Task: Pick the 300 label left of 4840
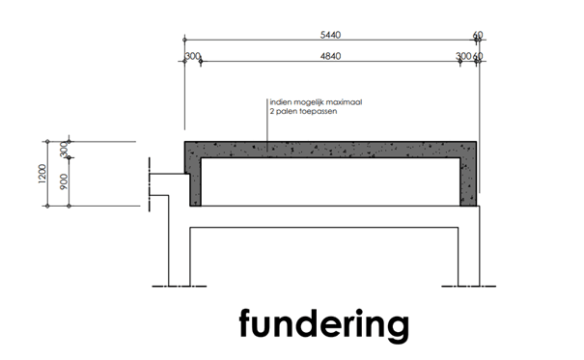coord(193,57)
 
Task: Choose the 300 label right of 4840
coord(463,57)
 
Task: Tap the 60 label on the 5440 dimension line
coord(479,36)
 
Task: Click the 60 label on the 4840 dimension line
coord(479,57)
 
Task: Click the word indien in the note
coord(282,100)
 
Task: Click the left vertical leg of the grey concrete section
coord(192,179)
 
